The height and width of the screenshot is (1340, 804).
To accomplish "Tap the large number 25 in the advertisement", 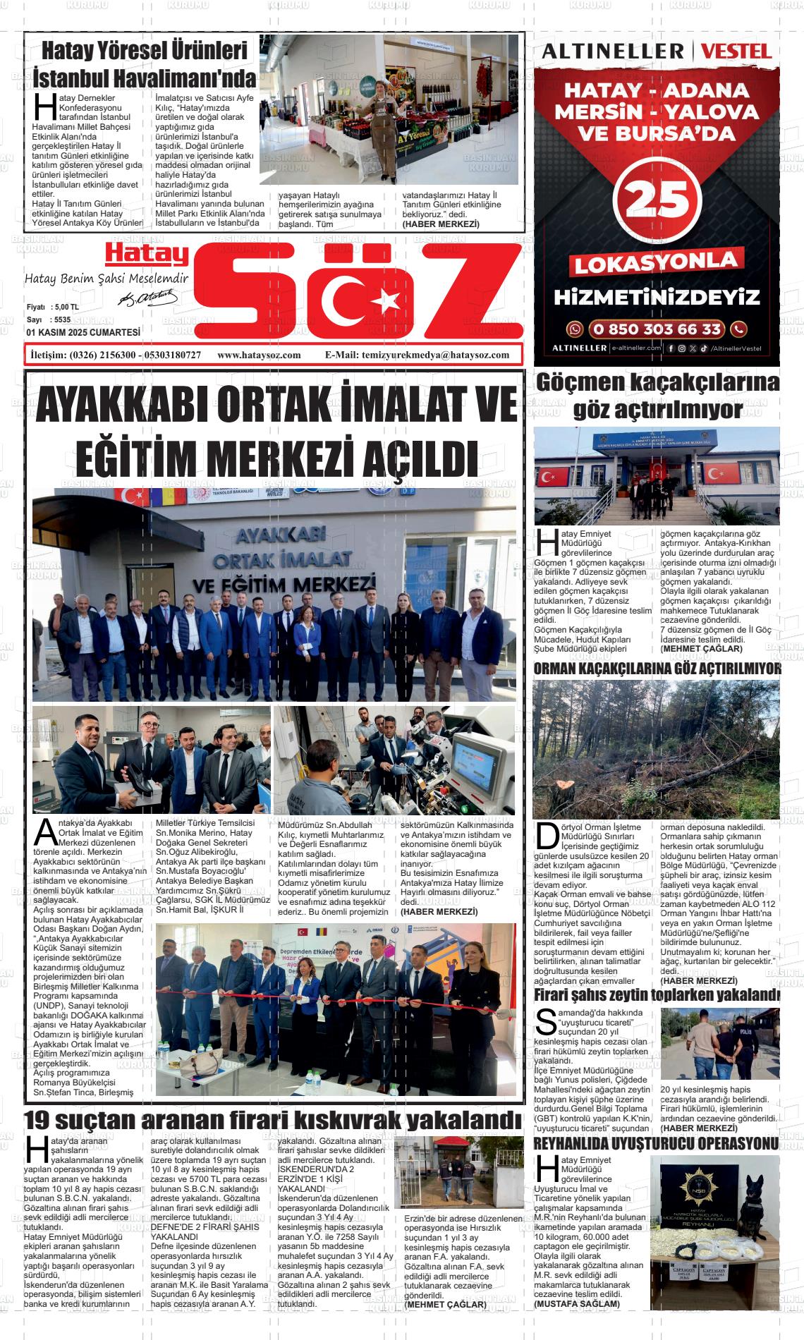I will [657, 201].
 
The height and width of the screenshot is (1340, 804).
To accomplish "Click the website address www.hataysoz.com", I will [260, 355].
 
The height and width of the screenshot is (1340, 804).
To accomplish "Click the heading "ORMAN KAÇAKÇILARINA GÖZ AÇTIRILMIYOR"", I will [657, 669].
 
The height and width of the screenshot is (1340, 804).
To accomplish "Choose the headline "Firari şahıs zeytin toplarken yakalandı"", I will [657, 994].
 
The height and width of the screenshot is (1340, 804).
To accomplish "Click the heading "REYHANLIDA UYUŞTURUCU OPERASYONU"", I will [657, 1143].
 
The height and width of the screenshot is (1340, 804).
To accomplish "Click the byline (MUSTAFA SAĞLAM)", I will [577, 1304].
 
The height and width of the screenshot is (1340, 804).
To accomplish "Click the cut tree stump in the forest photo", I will [564, 785].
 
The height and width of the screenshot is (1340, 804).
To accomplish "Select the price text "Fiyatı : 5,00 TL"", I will [53, 308].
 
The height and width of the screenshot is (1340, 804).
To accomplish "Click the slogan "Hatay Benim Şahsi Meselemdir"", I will [106, 279].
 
